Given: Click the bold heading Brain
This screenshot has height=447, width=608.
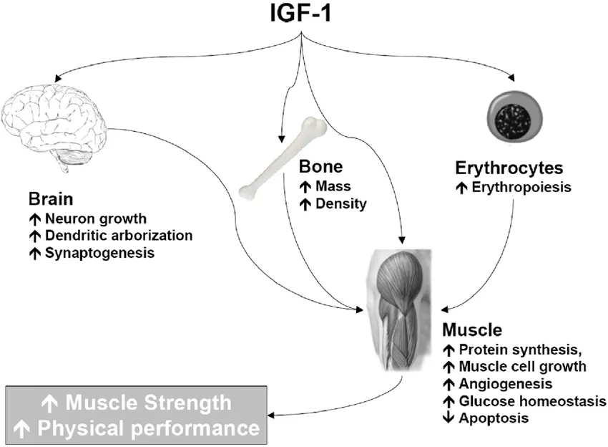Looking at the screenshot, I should coord(52,198).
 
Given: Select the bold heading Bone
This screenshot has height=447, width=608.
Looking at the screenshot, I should coord(320,168).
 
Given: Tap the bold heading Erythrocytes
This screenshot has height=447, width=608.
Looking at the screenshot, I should coord(509,168).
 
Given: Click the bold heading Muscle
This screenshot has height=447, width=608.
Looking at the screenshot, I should coord(472,330).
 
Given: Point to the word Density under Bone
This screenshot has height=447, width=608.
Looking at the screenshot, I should coord(341,203).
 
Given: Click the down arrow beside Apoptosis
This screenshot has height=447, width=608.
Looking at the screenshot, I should coord(448,418).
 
